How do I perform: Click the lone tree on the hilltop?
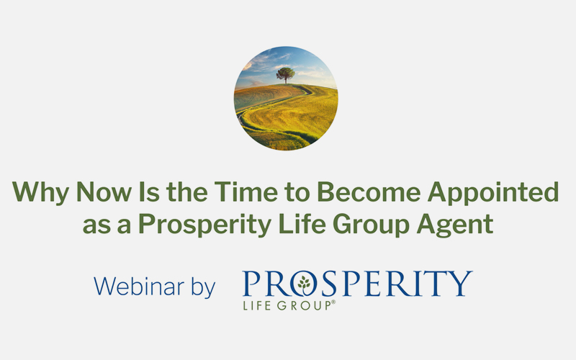click(285, 75)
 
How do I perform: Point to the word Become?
click(369, 192)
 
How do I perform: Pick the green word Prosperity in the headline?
click(204, 225)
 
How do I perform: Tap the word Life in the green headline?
click(302, 223)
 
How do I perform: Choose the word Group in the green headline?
click(371, 225)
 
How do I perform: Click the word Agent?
click(455, 225)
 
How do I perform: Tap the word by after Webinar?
click(203, 287)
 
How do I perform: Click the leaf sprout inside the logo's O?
click(304, 284)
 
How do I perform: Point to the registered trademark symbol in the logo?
click(333, 302)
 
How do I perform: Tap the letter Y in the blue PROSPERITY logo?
click(460, 283)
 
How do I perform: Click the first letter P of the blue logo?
click(251, 283)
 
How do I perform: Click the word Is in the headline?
click(149, 192)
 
